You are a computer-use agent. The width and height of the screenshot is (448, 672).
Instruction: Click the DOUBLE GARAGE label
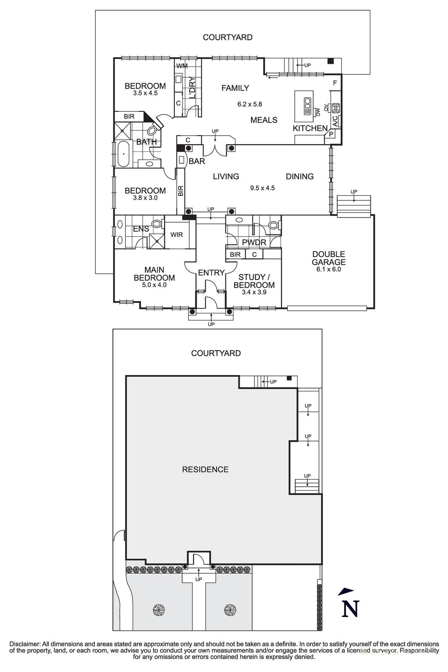point(328,258)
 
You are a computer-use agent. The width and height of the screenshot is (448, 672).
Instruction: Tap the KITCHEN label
point(310,129)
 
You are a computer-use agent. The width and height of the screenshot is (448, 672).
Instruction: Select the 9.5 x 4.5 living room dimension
point(262,188)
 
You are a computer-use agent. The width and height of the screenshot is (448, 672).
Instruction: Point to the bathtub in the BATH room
point(123,154)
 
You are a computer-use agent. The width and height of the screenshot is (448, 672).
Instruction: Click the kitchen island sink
point(307,102)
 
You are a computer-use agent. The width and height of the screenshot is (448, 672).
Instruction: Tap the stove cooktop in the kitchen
point(335,108)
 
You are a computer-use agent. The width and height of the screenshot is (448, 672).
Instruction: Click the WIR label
point(177,235)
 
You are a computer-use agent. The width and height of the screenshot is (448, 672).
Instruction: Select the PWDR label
point(254,243)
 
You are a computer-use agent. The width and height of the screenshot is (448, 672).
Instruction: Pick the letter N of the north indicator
point(350,609)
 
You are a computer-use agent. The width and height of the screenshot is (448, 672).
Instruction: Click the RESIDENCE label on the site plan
point(205,470)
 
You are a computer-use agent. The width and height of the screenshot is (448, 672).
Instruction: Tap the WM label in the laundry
point(182,66)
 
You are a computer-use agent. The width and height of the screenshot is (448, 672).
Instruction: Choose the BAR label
point(196,161)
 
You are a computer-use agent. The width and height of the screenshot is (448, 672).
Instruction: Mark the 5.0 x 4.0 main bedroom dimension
point(154,285)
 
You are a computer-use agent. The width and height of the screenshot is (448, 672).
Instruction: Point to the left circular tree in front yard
point(158,609)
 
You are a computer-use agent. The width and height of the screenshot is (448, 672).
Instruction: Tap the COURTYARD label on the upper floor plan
point(228,37)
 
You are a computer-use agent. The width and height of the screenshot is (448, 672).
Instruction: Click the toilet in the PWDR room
point(273,225)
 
